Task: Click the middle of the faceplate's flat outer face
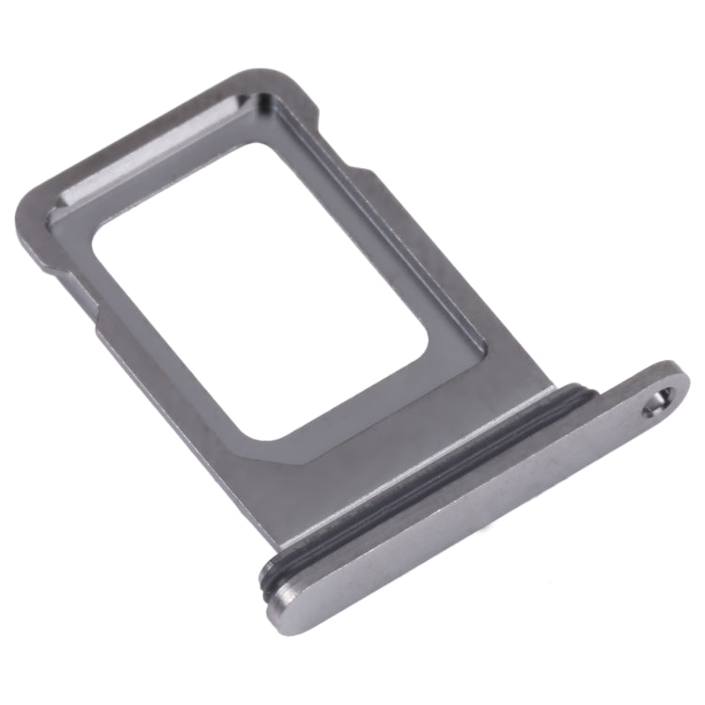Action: click(470, 526)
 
